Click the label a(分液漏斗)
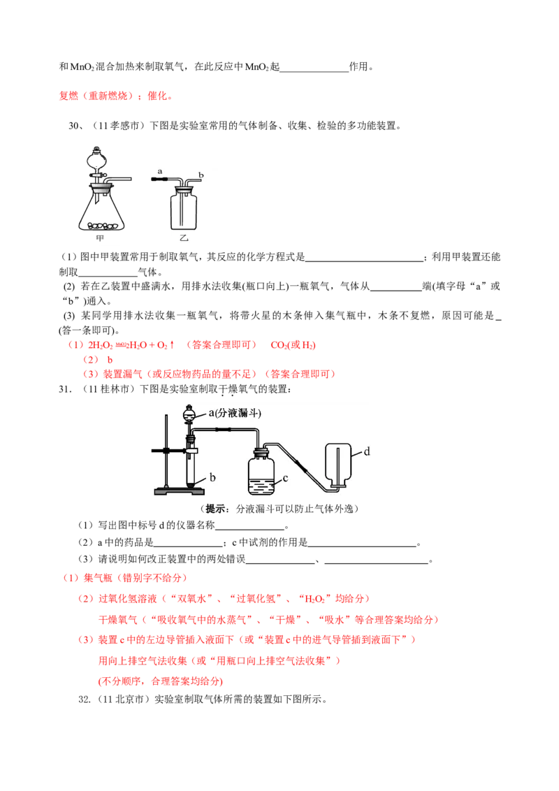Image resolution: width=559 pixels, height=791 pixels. (x=235, y=413)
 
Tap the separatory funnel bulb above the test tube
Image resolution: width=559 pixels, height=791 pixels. (x=188, y=414)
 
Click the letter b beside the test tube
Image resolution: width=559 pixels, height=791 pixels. (x=212, y=477)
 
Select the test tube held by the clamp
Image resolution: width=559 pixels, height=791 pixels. (x=189, y=465)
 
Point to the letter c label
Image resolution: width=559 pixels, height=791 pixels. (x=285, y=479)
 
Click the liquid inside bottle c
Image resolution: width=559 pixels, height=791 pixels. (x=261, y=485)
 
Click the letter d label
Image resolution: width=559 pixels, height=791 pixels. (x=366, y=451)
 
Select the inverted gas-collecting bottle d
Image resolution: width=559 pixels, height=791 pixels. (x=338, y=461)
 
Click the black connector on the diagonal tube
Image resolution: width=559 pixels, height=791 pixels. (x=300, y=464)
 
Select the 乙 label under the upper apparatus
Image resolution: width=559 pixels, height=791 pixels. (x=184, y=238)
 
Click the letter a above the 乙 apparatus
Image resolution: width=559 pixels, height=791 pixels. (x=160, y=170)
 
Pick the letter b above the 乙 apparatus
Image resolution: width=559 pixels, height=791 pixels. (x=201, y=174)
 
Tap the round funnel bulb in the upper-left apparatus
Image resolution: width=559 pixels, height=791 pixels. (x=97, y=161)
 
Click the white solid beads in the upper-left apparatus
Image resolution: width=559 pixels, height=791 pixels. (x=101, y=225)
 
